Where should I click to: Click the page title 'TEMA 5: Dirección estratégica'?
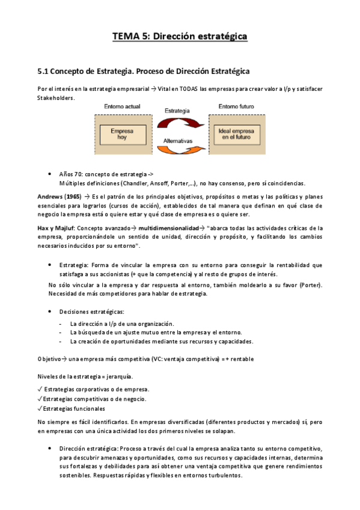point(180,37)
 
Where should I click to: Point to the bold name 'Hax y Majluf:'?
point(58,228)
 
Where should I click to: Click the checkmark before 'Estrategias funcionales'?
point(40,408)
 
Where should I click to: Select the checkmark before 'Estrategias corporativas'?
point(40,389)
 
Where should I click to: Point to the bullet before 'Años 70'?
point(49,173)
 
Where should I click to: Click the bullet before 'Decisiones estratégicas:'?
point(49,312)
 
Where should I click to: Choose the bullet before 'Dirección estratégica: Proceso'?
point(49,448)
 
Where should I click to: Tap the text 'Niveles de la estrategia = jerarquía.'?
point(85,376)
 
